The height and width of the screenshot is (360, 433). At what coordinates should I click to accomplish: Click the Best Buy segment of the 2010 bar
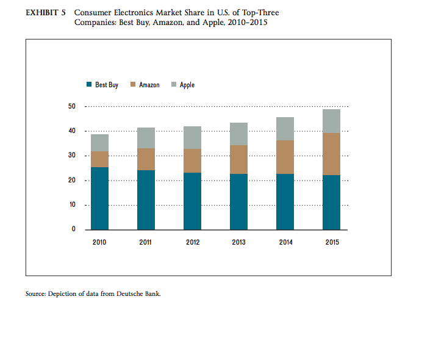click(99, 198)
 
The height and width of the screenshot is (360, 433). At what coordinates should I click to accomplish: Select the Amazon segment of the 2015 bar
click(331, 154)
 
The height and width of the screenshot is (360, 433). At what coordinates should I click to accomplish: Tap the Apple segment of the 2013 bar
click(238, 134)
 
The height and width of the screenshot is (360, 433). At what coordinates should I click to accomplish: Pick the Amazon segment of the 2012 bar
click(192, 160)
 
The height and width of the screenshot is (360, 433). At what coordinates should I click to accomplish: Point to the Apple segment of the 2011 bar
click(146, 138)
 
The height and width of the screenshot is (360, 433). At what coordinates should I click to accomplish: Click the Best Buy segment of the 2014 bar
click(285, 201)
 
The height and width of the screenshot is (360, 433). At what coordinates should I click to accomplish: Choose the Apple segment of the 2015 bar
click(331, 121)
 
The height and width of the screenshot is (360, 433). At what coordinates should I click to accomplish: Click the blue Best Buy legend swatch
click(89, 85)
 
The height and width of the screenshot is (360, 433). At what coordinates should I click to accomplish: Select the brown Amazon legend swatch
click(133, 85)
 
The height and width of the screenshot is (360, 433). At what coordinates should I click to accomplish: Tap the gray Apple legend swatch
click(174, 85)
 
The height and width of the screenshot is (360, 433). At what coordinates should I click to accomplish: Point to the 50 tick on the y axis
click(71, 107)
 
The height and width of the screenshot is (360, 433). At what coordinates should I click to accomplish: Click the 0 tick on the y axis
click(73, 229)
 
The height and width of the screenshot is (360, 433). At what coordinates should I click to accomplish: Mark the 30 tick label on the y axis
click(71, 156)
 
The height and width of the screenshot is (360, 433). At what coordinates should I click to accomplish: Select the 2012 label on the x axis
click(192, 242)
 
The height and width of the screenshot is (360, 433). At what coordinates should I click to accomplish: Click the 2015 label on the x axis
click(332, 242)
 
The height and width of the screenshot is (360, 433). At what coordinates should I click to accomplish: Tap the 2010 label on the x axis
click(99, 242)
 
